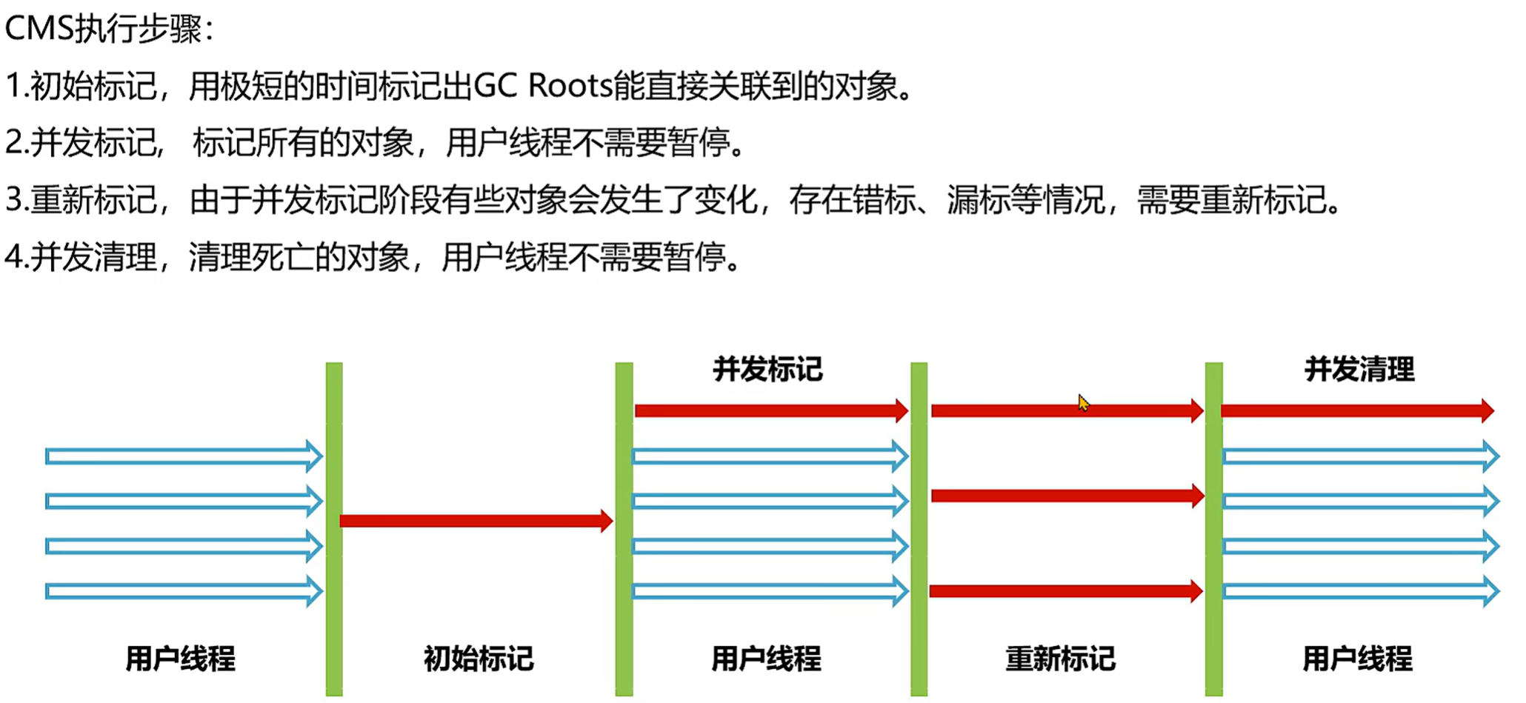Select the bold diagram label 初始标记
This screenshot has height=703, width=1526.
[x=479, y=658]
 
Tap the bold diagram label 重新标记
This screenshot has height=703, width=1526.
[x=1060, y=658]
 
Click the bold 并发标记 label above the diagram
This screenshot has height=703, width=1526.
[x=767, y=369]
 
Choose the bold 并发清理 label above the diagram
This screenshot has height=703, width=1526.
[x=1359, y=369]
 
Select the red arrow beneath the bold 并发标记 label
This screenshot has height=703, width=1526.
[x=770, y=410]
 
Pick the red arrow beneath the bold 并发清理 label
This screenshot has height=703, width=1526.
[x=1356, y=410]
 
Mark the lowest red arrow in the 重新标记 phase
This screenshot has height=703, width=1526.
[x=1065, y=591]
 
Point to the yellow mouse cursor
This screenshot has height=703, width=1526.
[x=1083, y=403]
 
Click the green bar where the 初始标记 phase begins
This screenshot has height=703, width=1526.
[x=334, y=529]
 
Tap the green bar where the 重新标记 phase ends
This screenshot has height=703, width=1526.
[x=1213, y=529]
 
